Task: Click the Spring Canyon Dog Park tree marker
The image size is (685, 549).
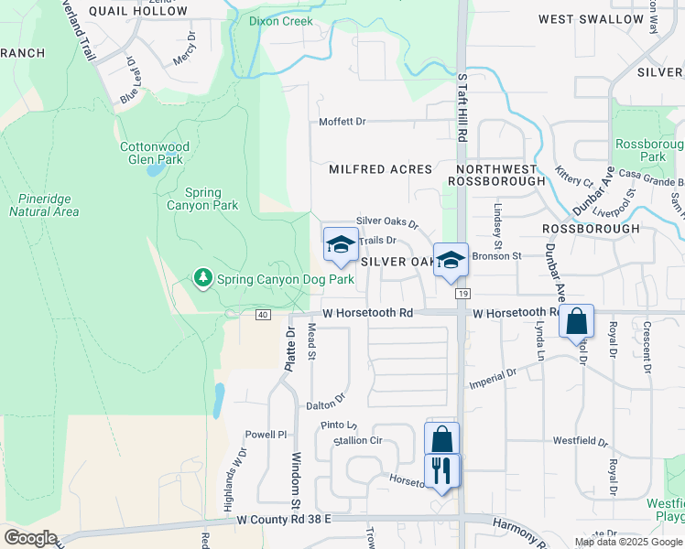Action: click(x=201, y=277)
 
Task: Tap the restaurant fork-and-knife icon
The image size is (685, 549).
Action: click(x=442, y=471)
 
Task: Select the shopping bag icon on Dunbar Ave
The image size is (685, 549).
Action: click(x=576, y=321)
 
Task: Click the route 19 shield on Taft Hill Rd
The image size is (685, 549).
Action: click(x=463, y=293)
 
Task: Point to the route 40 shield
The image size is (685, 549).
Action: click(x=263, y=315)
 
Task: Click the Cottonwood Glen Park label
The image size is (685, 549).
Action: click(x=155, y=153)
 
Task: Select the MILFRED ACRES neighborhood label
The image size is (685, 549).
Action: click(x=380, y=169)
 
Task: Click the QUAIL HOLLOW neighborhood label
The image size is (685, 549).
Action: click(x=138, y=11)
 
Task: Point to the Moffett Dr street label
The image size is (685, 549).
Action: click(x=342, y=122)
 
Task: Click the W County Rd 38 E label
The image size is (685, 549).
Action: click(x=283, y=519)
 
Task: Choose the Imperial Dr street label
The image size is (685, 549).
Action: click(x=493, y=377)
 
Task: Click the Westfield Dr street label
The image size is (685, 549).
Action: click(x=581, y=440)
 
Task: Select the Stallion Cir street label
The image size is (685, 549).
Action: click(x=357, y=440)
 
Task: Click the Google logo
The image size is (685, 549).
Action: click(x=30, y=538)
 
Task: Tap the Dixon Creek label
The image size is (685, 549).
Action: click(x=281, y=21)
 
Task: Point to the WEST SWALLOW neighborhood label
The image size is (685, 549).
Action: click(x=603, y=19)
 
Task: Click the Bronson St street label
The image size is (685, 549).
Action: click(x=496, y=256)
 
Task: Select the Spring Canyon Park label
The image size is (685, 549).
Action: click(x=212, y=199)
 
